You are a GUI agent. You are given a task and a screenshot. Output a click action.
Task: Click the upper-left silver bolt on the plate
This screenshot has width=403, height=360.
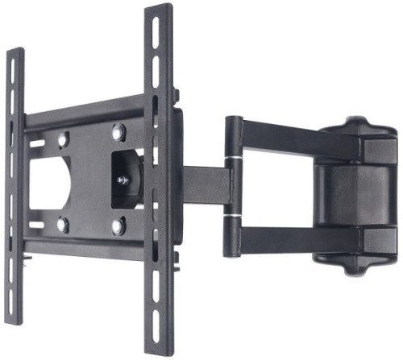(x=64, y=138)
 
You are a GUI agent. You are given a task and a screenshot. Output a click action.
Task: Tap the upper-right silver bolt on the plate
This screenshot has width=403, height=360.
(x=118, y=130)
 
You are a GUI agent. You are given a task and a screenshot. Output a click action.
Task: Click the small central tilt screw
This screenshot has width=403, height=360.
(x=123, y=180)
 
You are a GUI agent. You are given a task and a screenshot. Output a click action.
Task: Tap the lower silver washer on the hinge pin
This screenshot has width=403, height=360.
(x=233, y=217)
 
